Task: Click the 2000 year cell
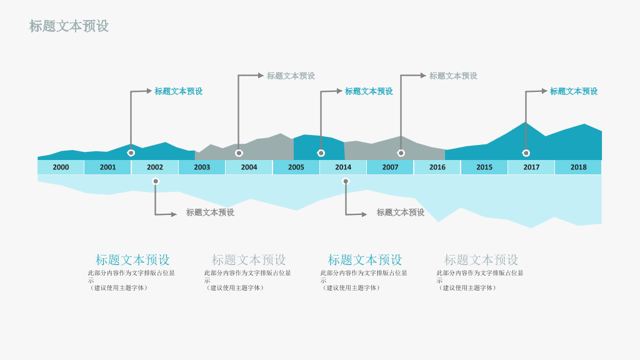coord(61,167)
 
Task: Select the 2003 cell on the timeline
coord(202,167)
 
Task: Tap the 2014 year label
coord(343,167)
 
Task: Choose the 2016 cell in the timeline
coord(437,167)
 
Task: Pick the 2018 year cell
coord(578,167)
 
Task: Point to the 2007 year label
coord(390,167)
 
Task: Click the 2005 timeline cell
coord(296,167)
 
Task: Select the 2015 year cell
coord(484,167)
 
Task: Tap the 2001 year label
coord(107,167)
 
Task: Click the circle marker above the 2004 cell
coord(239,153)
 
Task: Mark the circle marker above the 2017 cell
coord(526,153)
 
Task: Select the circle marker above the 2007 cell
coord(401,153)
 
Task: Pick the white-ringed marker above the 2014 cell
coord(321,153)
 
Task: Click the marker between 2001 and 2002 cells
coord(131,153)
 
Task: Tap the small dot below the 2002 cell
coord(156,181)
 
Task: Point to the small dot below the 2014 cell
coord(346,181)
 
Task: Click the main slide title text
coord(69,26)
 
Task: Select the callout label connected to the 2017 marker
coord(574,91)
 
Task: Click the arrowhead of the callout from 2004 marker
coord(261,76)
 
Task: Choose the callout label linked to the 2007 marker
coord(453,76)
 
